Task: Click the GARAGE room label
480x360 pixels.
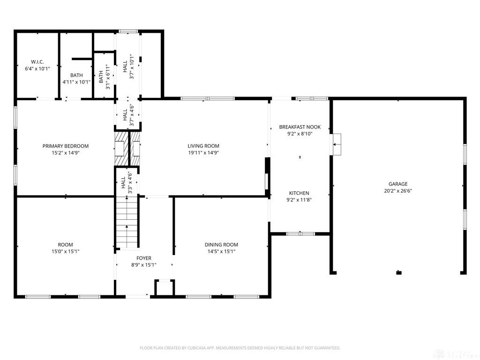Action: tap(398, 184)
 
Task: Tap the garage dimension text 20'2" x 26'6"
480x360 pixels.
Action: tap(398, 191)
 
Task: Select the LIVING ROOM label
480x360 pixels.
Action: tap(203, 146)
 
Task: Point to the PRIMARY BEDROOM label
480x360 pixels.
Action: tap(66, 146)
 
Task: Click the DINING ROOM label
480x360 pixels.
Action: tap(221, 245)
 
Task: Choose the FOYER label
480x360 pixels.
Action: tap(144, 258)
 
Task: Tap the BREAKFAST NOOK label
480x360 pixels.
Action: tap(300, 127)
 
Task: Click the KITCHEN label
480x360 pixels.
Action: tap(299, 193)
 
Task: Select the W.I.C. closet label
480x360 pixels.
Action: tap(37, 62)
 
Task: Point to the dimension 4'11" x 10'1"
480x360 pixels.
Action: tap(76, 82)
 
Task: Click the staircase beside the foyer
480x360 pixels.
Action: tap(127, 223)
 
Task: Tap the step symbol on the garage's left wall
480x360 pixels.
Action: tap(337, 144)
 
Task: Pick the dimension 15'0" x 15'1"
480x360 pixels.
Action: tap(66, 252)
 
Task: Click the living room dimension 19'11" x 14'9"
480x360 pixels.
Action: tap(203, 153)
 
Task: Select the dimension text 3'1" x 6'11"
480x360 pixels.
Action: tap(107, 77)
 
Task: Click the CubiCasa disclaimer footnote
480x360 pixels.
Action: tap(240, 348)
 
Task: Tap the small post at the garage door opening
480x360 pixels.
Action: tap(398, 272)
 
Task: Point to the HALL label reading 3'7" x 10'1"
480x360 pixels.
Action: tap(128, 67)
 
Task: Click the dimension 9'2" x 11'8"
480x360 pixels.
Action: tap(299, 200)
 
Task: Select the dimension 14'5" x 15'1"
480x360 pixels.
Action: tap(221, 252)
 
